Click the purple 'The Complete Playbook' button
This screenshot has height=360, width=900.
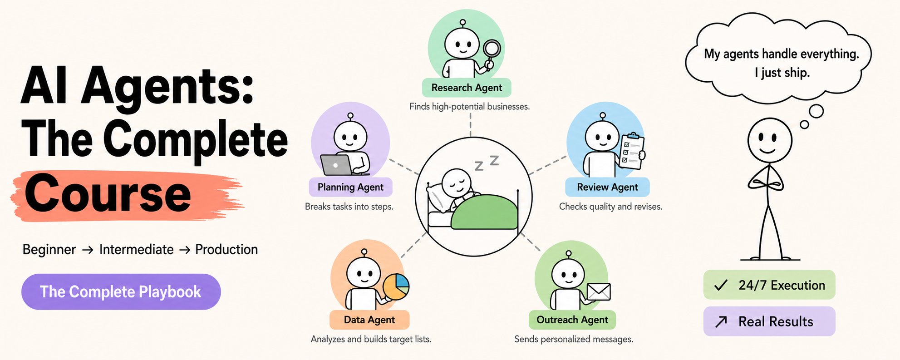[x=121, y=291]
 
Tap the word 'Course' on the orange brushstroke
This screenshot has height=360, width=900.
[x=108, y=194]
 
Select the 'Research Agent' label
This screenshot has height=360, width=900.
[x=467, y=88]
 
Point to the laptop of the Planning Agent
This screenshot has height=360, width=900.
[x=337, y=165]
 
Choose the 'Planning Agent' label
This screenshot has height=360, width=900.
[x=350, y=187]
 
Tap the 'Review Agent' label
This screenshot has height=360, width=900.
[x=607, y=187]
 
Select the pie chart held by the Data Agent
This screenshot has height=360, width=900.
[x=396, y=286]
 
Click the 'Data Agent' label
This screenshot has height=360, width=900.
[x=369, y=320]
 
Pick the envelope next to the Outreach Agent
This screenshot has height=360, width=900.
[x=599, y=292]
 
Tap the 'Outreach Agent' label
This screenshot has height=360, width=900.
[x=572, y=320]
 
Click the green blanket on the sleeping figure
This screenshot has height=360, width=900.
[x=485, y=212]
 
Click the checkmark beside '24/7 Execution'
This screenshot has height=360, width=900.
[x=721, y=285]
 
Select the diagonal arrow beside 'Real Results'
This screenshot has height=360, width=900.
[x=721, y=321]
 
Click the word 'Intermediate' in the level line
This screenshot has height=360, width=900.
[x=136, y=249]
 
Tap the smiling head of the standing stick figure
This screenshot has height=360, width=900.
[x=770, y=140]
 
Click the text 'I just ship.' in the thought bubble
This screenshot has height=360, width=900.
[x=782, y=73]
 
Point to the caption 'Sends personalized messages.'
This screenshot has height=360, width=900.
[x=574, y=339]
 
